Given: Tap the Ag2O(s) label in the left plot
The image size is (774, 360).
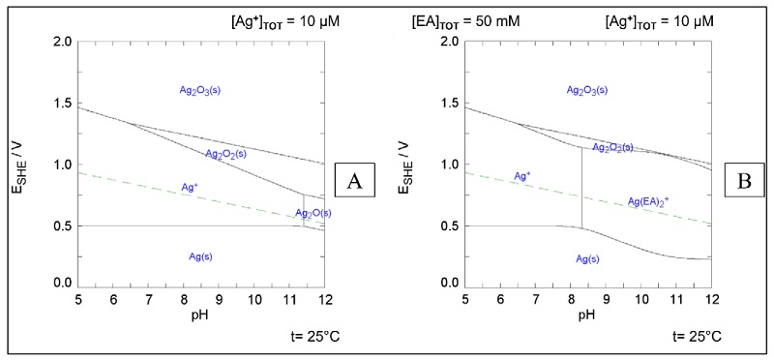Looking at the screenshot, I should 313,213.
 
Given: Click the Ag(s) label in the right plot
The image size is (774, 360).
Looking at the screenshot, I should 591,259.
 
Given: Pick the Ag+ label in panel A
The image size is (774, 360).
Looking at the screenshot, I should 190,187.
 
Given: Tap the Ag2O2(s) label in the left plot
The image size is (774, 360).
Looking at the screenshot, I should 225,153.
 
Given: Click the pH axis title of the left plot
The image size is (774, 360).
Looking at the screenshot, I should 200,315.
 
